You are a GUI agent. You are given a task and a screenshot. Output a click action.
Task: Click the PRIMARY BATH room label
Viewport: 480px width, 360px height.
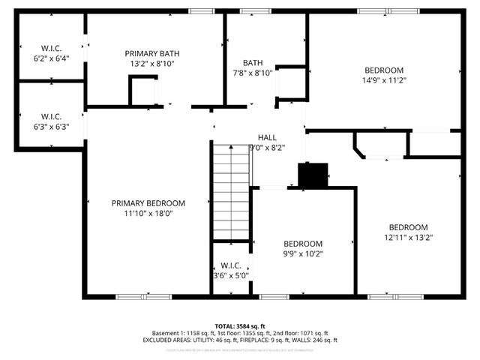152,53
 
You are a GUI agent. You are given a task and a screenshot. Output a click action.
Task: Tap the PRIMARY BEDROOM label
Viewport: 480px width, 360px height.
148,202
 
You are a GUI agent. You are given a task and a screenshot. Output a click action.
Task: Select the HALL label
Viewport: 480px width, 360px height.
266,137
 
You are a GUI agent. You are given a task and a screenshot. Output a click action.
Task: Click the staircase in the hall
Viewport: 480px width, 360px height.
231,191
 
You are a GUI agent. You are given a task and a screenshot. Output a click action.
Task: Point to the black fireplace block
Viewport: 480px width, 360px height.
313,175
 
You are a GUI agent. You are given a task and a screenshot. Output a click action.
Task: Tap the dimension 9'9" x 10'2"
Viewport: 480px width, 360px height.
302,253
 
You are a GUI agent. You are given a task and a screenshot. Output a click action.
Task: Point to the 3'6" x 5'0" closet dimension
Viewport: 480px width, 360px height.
230,275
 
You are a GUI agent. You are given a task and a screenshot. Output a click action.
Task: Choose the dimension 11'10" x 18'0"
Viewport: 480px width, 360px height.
148,213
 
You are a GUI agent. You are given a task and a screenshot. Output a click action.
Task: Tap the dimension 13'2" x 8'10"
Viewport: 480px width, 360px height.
152,64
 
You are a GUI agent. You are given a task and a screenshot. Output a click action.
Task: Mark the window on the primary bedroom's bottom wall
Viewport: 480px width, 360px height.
143,297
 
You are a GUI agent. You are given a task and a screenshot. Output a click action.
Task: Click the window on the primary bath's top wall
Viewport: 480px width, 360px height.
199,11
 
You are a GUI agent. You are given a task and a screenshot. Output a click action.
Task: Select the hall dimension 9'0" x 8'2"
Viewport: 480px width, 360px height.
266,148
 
